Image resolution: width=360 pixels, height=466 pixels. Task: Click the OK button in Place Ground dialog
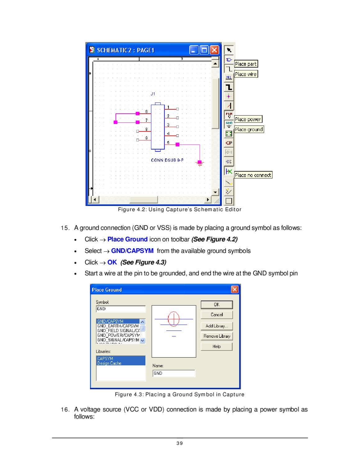tap(216, 305)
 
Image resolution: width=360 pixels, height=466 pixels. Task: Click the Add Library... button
tap(216, 326)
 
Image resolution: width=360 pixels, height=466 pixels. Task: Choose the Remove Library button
tap(216, 336)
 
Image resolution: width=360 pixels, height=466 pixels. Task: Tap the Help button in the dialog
tap(216, 346)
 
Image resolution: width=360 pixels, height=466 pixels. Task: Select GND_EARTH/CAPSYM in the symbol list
tap(118, 326)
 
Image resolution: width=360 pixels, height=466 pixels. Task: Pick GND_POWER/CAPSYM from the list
tap(118, 335)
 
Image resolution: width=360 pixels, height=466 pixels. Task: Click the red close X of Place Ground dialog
tap(235, 290)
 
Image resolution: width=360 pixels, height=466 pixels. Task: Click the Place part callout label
tap(246, 64)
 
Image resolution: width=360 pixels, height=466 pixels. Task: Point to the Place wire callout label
tap(246, 74)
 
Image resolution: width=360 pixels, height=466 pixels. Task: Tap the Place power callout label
tap(248, 119)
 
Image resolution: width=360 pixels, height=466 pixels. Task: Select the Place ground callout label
tap(249, 130)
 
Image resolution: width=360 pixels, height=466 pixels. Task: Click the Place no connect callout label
tap(253, 175)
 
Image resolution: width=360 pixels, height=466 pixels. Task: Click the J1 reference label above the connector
tap(153, 94)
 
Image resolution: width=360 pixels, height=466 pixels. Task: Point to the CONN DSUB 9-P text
tap(167, 160)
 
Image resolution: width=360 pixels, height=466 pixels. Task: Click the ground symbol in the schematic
tap(200, 163)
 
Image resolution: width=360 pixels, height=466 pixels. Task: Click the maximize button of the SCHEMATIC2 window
tap(204, 50)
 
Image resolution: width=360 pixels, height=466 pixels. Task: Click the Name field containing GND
tap(174, 373)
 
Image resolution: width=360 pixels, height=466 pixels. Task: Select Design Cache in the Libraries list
tap(109, 363)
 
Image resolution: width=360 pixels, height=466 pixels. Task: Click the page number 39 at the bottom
tap(180, 443)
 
